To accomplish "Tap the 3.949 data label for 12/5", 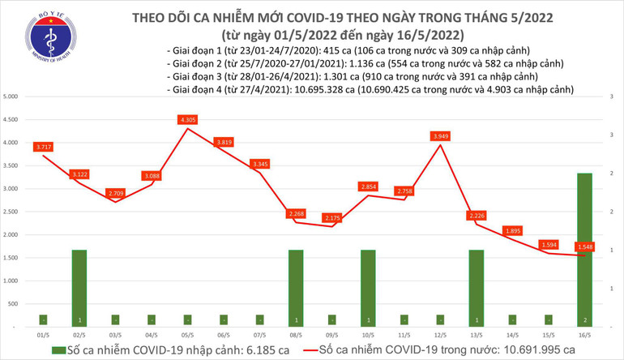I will [x=438, y=135].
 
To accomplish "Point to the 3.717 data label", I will [x=45, y=147].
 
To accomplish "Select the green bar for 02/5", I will [x=79, y=287].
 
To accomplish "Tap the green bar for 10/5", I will [x=368, y=287].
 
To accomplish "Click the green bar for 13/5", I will [x=475, y=287].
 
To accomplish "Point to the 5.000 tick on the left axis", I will [x=12, y=96].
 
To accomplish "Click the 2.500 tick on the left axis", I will [x=12, y=211].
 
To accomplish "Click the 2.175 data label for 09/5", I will [x=331, y=218].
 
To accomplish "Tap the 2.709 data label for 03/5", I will [x=117, y=194].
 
